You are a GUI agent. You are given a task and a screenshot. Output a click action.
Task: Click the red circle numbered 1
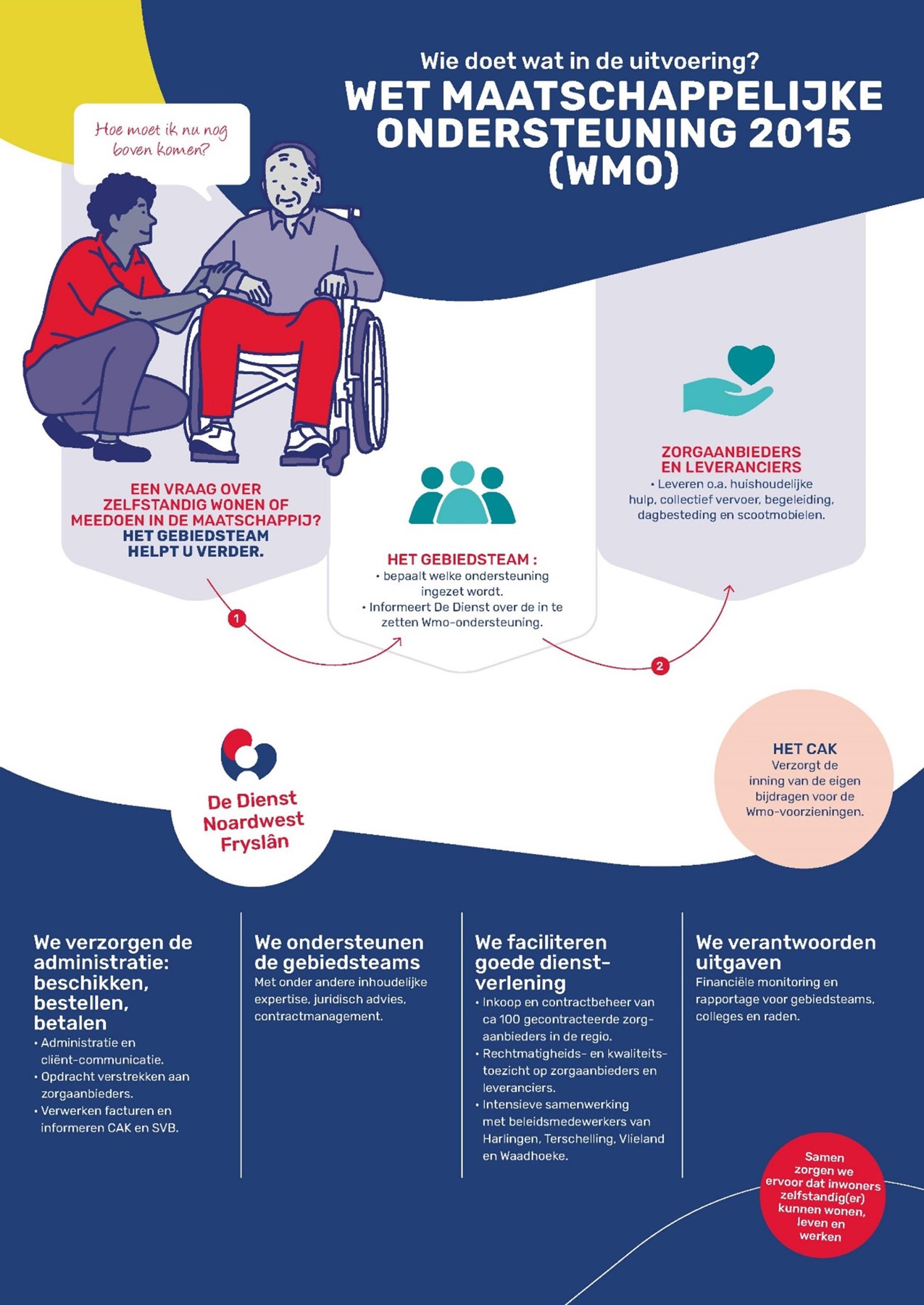pyautogui.click(x=236, y=618)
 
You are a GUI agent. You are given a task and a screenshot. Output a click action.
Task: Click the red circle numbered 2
pyautogui.click(x=659, y=666)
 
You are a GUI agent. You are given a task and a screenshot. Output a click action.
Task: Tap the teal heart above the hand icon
pyautogui.click(x=752, y=364)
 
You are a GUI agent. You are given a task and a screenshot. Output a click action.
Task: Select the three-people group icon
pyautogui.click(x=462, y=493)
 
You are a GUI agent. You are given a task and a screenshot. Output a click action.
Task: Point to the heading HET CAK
pyautogui.click(x=804, y=749)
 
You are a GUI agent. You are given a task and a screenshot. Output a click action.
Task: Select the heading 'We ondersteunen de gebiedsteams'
pyautogui.click(x=338, y=952)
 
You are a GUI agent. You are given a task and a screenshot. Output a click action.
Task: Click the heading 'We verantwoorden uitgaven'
pyautogui.click(x=786, y=952)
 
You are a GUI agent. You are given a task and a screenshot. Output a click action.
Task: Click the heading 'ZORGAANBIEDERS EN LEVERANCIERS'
pyautogui.click(x=731, y=460)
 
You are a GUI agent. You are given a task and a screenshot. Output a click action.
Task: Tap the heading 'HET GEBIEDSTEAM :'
pyautogui.click(x=462, y=559)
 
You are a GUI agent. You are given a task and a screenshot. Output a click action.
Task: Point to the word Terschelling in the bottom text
pyautogui.click(x=578, y=1138)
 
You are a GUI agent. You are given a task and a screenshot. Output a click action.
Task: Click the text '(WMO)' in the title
pyautogui.click(x=614, y=171)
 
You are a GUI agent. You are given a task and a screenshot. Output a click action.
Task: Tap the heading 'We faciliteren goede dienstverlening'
pyautogui.click(x=543, y=962)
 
